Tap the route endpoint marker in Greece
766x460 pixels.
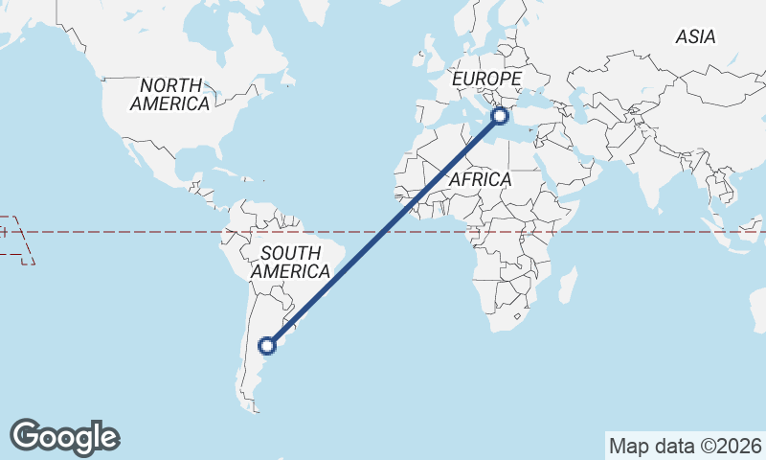click(x=499, y=117)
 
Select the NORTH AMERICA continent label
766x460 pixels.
click(x=170, y=95)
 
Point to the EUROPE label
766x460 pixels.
click(x=486, y=79)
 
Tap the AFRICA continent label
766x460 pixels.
click(x=480, y=179)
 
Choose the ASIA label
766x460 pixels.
click(x=695, y=37)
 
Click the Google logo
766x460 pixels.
click(x=65, y=437)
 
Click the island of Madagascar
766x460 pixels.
click(x=568, y=285)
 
